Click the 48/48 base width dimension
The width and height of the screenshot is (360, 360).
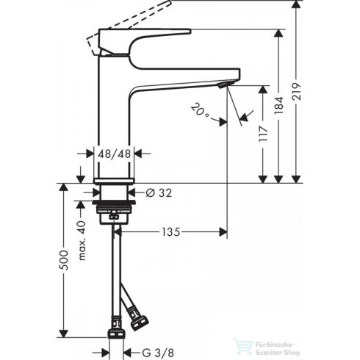pos(115,154)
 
